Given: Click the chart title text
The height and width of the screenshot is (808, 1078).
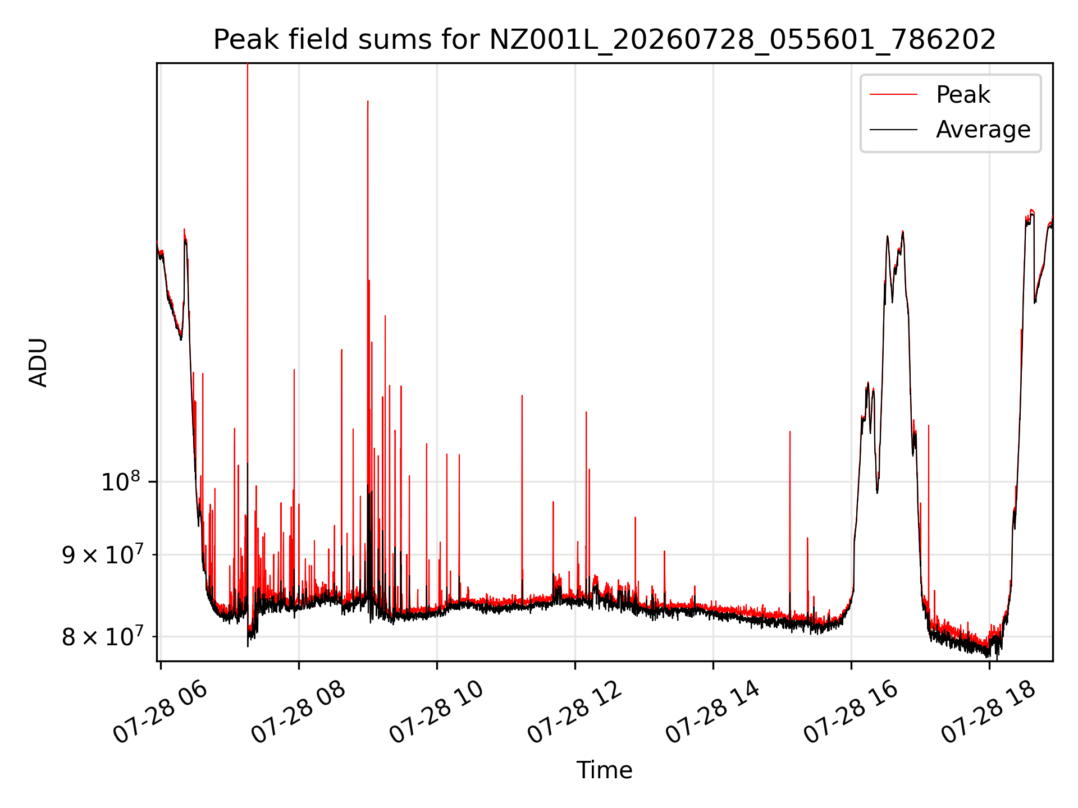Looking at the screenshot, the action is [605, 40].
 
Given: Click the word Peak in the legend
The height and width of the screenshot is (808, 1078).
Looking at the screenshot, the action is [963, 94].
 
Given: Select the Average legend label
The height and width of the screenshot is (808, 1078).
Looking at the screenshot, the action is [983, 130].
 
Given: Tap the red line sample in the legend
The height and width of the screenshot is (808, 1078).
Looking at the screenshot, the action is [893, 94].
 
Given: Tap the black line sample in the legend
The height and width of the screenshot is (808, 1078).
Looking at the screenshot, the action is [893, 130].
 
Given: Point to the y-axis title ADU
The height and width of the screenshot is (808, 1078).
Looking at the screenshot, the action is [38, 362].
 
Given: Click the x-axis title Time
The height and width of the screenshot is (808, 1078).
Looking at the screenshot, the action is [605, 770].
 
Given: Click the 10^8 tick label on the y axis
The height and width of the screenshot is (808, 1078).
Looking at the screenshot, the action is [120, 481].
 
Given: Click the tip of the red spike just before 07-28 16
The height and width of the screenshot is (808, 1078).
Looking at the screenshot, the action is [790, 431].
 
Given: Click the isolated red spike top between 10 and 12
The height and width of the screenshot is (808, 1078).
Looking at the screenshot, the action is [522, 396].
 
